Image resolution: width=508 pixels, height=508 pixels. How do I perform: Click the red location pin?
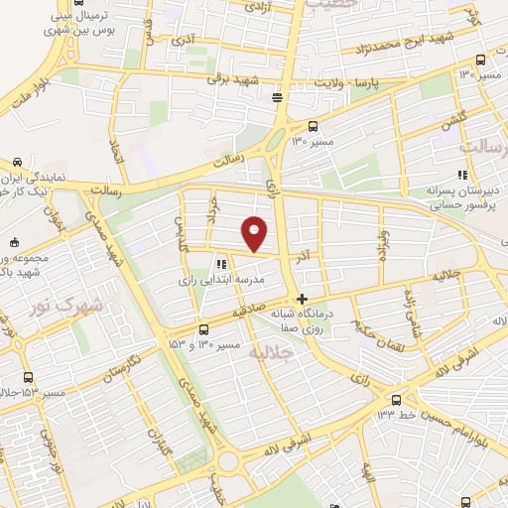(256, 232)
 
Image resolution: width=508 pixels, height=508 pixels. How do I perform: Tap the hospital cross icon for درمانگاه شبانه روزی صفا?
(303, 299)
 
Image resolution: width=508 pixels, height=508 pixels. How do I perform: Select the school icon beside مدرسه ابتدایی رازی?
(220, 265)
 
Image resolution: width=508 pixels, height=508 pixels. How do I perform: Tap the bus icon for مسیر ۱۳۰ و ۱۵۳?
(203, 329)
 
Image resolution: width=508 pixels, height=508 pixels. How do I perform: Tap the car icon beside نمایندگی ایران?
(18, 162)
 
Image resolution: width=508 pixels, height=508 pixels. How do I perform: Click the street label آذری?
(185, 41)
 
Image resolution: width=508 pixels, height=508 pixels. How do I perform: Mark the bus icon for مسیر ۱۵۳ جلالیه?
(27, 377)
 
